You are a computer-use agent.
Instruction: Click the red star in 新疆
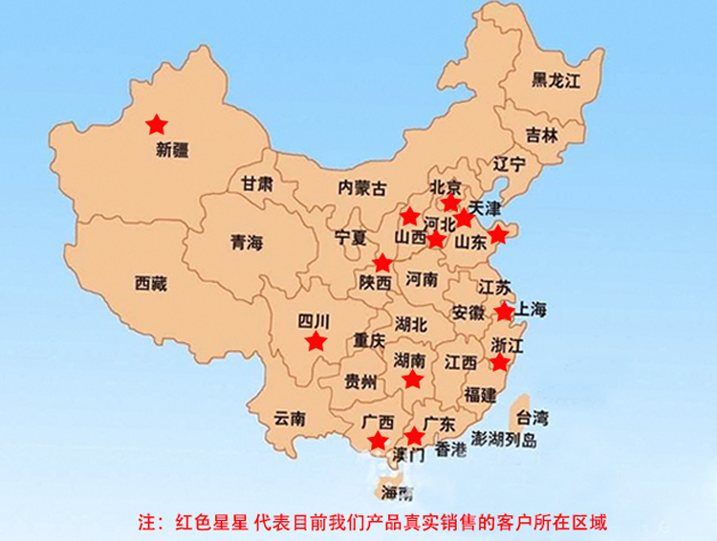pos(156,123)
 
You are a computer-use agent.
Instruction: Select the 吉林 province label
pos(541,135)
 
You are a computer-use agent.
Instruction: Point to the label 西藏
pos(151,283)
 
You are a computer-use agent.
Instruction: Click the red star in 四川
pos(315,341)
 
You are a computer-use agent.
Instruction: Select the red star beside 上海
pos(505,312)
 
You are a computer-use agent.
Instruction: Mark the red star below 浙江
pos(500,362)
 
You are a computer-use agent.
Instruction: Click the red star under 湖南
pos(412,379)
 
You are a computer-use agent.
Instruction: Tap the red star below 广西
pos(379,441)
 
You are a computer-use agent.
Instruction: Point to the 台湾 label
pos(532,417)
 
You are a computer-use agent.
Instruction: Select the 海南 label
pos(397,493)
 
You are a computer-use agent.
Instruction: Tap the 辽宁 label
pos(510,164)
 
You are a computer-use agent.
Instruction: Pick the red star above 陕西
pos(382,263)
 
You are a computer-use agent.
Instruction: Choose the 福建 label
pos(479,393)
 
